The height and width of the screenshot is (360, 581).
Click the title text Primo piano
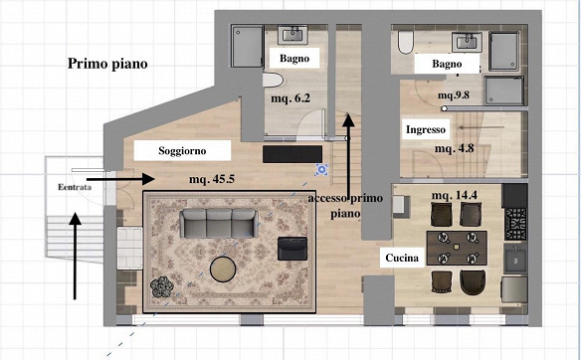point(107,65)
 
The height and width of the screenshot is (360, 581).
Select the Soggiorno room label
point(183,151)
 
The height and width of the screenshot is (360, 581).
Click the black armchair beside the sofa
point(292,247)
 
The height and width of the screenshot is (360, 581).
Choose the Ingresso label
point(426,130)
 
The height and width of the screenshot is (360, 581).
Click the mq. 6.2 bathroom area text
point(290,99)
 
